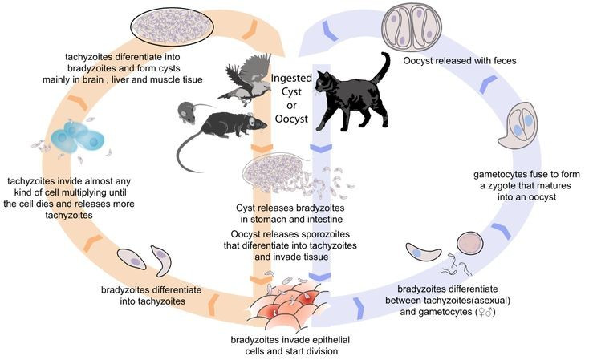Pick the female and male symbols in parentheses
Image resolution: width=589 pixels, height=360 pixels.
485,310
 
